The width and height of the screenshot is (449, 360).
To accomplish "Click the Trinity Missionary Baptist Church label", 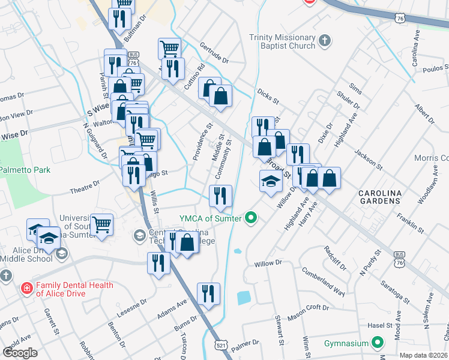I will tap(282, 41).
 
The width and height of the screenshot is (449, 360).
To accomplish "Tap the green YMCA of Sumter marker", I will tap(252, 218).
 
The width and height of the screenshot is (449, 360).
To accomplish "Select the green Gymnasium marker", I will tap(378, 343).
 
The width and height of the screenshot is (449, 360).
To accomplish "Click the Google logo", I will tap(20, 352).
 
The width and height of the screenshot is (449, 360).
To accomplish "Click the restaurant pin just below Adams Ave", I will tap(208, 295).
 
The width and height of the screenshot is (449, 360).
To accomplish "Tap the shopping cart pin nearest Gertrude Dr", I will tap(170, 49).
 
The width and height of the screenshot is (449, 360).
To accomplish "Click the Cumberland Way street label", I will tap(324, 282).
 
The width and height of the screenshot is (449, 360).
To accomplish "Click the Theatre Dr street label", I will tap(85, 187).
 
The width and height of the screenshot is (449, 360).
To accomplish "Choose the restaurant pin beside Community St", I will tap(220, 196).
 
